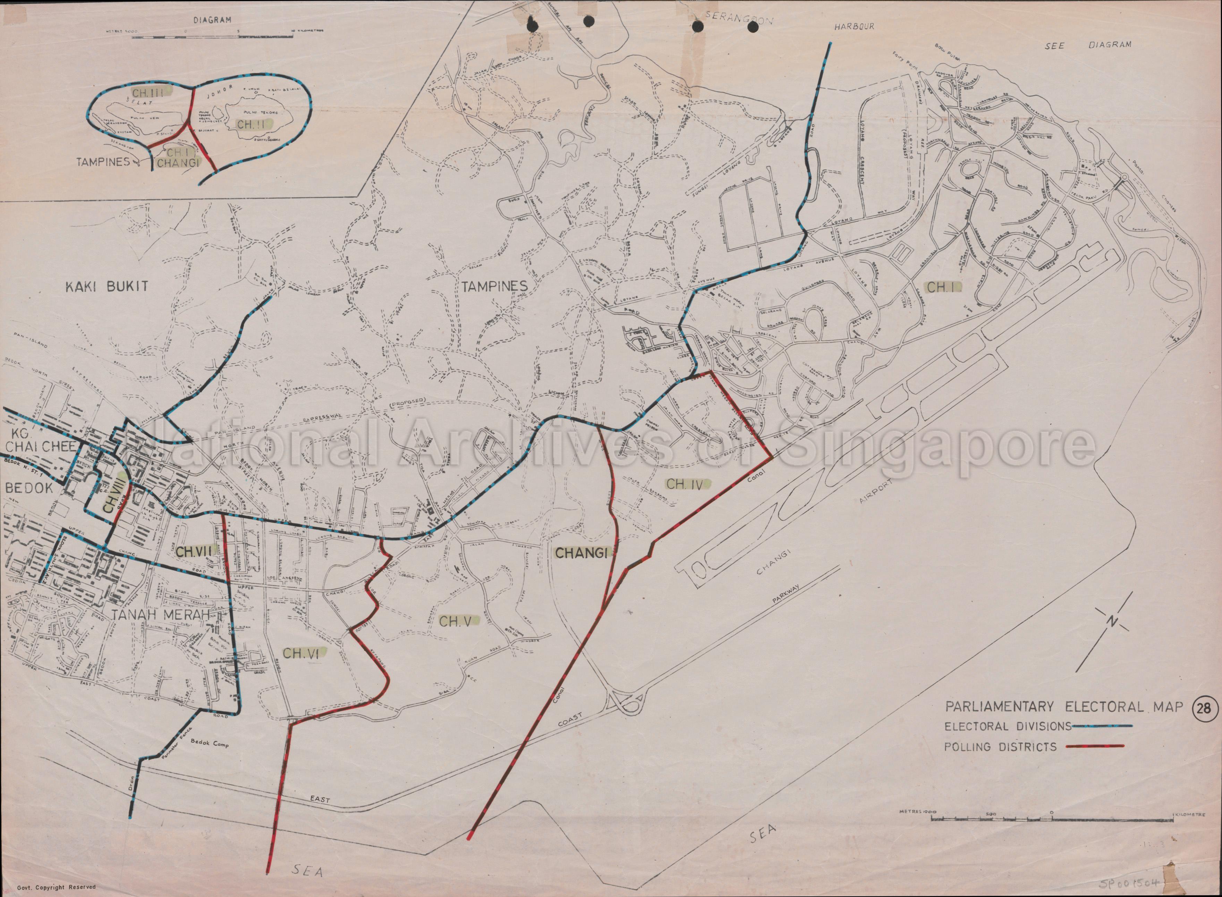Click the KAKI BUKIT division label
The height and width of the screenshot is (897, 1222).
point(106,286)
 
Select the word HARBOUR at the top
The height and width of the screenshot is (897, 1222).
point(855,26)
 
